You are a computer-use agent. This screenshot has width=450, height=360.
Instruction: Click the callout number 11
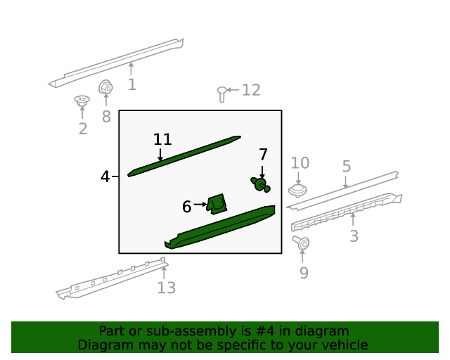pyautogui.click(x=162, y=139)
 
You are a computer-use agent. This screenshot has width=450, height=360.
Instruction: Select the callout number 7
pyautogui.click(x=263, y=155)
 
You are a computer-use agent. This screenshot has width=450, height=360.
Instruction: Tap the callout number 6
pyautogui.click(x=186, y=207)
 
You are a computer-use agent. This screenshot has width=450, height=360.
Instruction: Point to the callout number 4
pyautogui.click(x=105, y=176)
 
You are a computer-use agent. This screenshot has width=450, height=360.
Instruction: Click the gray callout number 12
pyautogui.click(x=251, y=90)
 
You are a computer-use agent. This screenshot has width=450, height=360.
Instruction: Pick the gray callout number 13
pyautogui.click(x=167, y=288)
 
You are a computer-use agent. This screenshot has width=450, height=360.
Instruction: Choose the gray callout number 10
pyautogui.click(x=300, y=163)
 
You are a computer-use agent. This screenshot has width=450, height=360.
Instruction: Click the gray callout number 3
pyautogui.click(x=354, y=236)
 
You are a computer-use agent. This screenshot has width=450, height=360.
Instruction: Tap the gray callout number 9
pyautogui.click(x=304, y=273)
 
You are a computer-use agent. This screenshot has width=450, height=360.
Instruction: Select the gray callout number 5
pyautogui.click(x=347, y=166)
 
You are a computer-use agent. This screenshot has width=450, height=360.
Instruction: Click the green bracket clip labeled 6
pyautogui.click(x=217, y=204)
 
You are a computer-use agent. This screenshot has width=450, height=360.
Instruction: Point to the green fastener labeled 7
pyautogui.click(x=260, y=185)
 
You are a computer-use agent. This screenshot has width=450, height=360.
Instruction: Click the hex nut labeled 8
pyautogui.click(x=105, y=87)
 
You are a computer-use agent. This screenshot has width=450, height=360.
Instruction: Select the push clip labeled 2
pyautogui.click(x=82, y=101)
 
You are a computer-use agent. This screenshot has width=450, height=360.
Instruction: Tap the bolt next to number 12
pyautogui.click(x=221, y=94)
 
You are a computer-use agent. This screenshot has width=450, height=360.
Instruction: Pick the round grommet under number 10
pyautogui.click(x=297, y=191)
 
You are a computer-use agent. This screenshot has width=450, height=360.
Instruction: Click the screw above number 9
pyautogui.click(x=301, y=243)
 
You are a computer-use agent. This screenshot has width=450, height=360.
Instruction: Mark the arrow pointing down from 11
pyautogui.click(x=160, y=155)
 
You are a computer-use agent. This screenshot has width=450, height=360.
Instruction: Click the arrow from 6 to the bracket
pyautogui.click(x=200, y=205)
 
